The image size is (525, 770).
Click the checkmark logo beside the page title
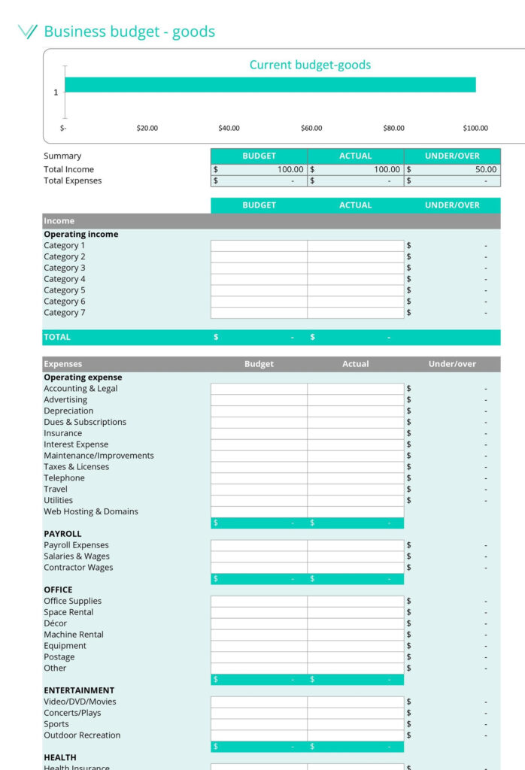pyautogui.click(x=27, y=32)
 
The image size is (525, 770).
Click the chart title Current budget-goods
pyautogui.click(x=310, y=65)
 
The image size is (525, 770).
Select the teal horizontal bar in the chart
pyautogui.click(x=270, y=84)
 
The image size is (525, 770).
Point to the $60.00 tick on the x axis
pyautogui.click(x=311, y=128)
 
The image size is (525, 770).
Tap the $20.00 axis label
pyautogui.click(x=147, y=128)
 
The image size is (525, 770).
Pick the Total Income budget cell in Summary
pyautogui.click(x=259, y=170)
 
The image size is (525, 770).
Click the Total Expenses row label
pyautogui.click(x=72, y=180)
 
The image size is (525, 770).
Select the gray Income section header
pyautogui.click(x=271, y=221)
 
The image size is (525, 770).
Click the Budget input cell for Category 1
pyautogui.click(x=259, y=246)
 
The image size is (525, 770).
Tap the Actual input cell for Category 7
pyautogui.click(x=355, y=313)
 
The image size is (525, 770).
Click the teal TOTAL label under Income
pyautogui.click(x=57, y=337)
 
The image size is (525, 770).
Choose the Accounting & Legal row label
pyautogui.click(x=80, y=389)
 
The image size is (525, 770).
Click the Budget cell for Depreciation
pyautogui.click(x=259, y=411)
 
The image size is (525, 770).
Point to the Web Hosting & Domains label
pyautogui.click(x=91, y=511)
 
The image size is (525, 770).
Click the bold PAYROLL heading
pyautogui.click(x=62, y=534)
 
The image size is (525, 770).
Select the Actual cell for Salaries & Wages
pyautogui.click(x=355, y=556)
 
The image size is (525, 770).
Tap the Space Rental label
pyautogui.click(x=68, y=612)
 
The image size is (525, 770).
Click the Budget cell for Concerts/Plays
pyautogui.click(x=259, y=713)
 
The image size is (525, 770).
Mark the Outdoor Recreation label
pyautogui.click(x=82, y=735)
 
